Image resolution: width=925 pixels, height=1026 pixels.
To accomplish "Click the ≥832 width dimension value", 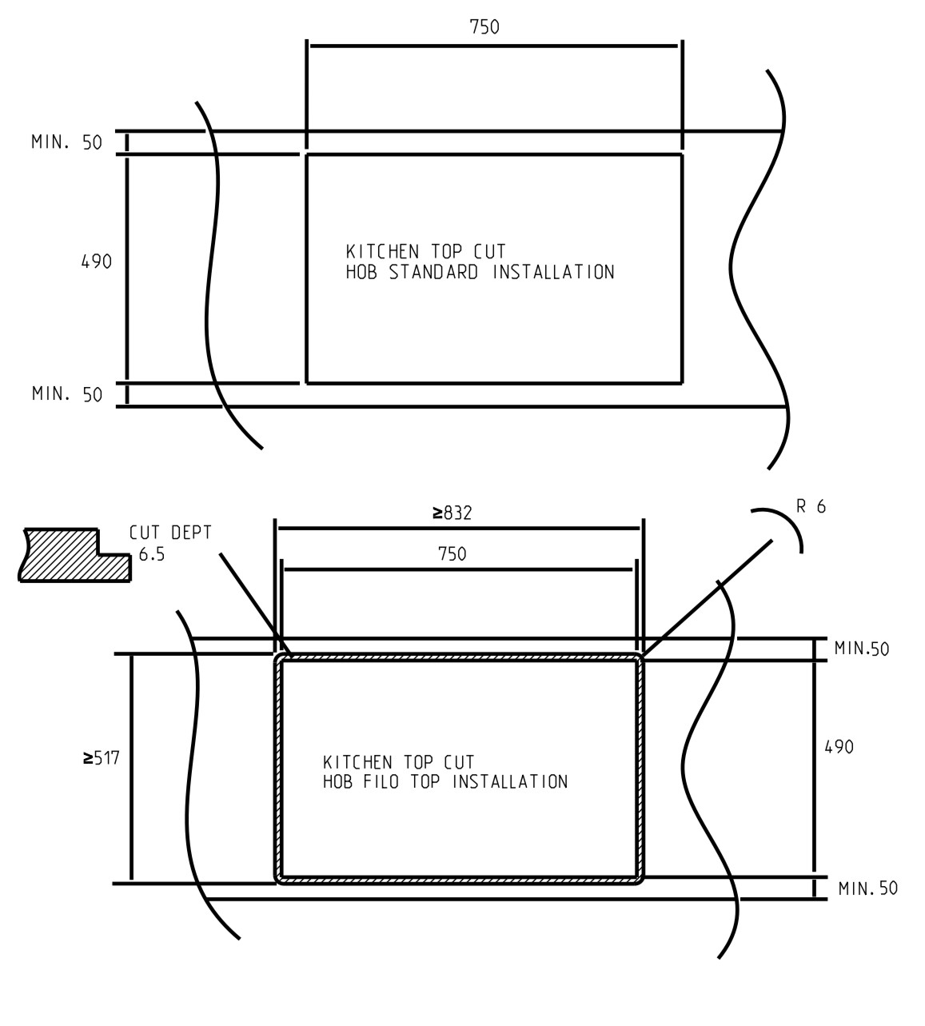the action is (452, 513).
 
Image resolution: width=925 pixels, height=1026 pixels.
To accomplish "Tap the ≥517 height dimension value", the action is (101, 757).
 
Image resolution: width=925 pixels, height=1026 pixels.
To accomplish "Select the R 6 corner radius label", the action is (811, 506).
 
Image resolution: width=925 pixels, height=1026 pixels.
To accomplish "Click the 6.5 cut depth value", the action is (152, 554).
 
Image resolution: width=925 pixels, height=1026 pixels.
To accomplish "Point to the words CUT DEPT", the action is (170, 533).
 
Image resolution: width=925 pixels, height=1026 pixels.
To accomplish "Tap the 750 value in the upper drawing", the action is (484, 27).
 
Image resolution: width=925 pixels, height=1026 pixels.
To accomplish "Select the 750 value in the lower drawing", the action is (452, 554).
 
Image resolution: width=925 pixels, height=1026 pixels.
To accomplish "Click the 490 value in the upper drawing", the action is (97, 261).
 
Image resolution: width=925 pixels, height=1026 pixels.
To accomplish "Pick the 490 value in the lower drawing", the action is (839, 747).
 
